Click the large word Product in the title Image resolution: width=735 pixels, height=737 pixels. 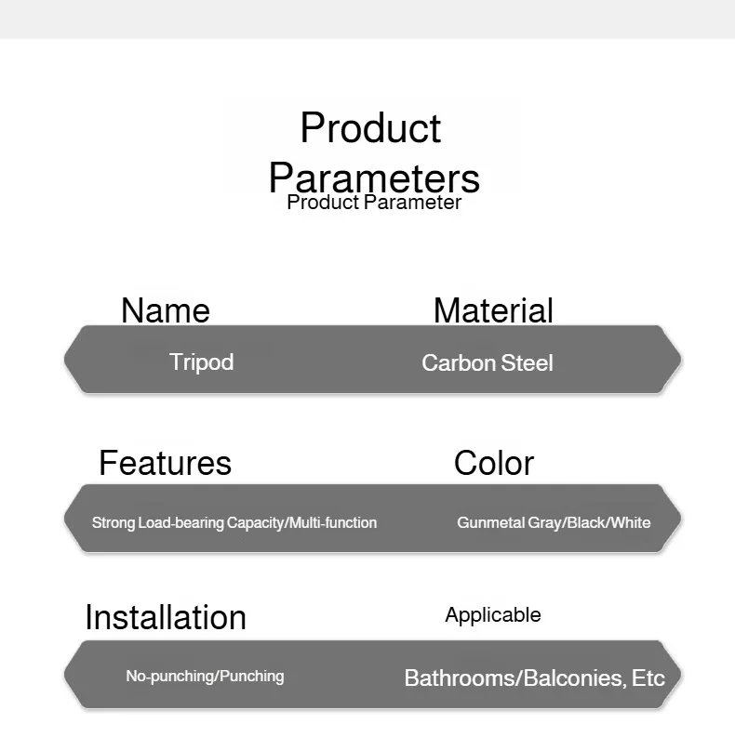coord(371,128)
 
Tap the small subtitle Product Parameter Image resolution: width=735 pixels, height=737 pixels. coord(374,203)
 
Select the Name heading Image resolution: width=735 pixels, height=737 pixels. coord(166,310)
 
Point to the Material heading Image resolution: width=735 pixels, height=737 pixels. coord(493,310)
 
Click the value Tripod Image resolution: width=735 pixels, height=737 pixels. coord(201,362)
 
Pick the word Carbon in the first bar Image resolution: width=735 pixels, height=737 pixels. coord(459,362)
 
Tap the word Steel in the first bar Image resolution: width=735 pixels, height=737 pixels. coord(527,362)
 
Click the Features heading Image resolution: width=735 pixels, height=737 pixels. coord(166,463)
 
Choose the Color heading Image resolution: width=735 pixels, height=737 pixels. coord(494,463)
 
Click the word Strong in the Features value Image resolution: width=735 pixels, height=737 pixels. coord(114,523)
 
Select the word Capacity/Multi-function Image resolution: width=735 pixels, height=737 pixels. coord(301,523)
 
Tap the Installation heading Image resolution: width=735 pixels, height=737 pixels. coord(166,617)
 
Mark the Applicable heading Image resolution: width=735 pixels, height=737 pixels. coord(493,615)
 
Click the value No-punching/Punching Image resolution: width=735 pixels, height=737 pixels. coord(206,677)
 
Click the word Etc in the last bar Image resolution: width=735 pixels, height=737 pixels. coord(648,678)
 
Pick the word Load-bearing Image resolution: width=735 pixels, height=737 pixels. coord(180,523)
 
